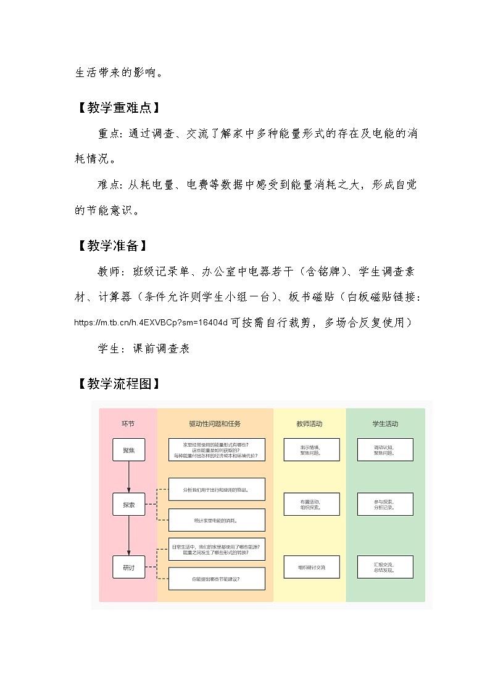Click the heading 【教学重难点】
[x=118, y=108]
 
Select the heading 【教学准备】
[x=112, y=246]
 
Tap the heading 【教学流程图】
[x=118, y=384]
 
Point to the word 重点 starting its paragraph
[x=110, y=134]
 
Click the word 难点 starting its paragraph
[x=110, y=185]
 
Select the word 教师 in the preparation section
[x=110, y=272]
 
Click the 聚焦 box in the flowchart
[x=128, y=449]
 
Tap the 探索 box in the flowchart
[x=128, y=504]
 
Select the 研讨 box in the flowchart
[x=128, y=567]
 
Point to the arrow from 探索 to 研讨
[x=128, y=535]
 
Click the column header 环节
[x=128, y=424]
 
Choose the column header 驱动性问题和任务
[x=215, y=424]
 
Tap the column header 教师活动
[x=310, y=424]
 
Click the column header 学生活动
[x=385, y=424]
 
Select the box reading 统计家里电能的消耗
[x=217, y=520]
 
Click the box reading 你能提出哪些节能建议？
[x=217, y=579]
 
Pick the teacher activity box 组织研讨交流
[x=311, y=567]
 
